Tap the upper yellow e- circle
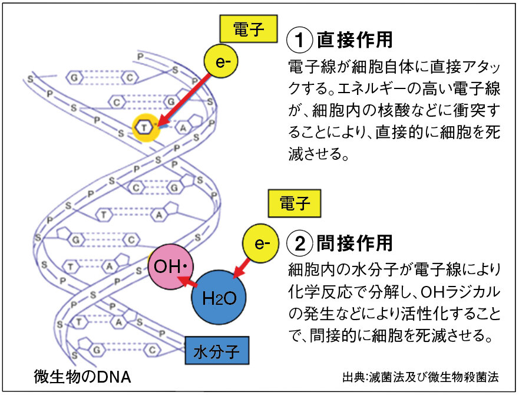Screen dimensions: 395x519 click(222, 61)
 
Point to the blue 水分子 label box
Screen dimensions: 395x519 click(216, 351)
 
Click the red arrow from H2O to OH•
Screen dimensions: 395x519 click(190, 283)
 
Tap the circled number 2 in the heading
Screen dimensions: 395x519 click(299, 243)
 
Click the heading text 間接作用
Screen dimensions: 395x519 click(355, 243)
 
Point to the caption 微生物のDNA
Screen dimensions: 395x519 click(82, 376)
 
